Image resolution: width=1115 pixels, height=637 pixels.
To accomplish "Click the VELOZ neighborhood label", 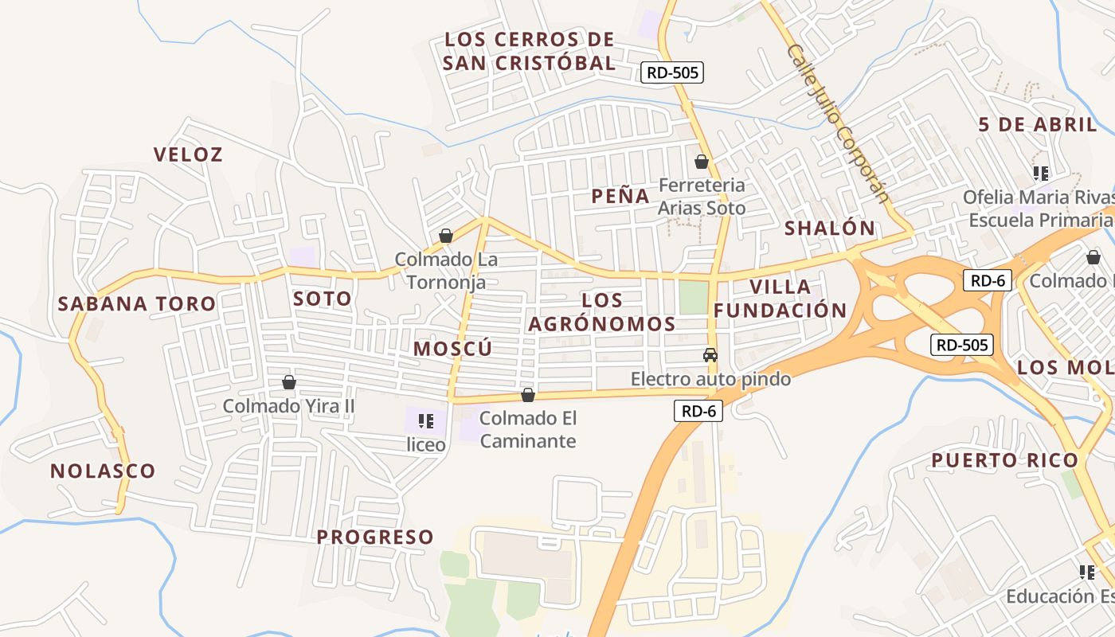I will pos(188,154).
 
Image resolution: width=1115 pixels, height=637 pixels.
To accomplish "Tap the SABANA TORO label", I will pos(137,303).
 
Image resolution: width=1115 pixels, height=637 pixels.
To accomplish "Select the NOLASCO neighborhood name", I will pos(103,471).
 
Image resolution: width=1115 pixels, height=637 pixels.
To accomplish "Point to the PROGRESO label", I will pos(375,537).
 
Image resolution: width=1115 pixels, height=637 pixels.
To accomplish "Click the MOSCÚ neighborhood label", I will pos(452,349).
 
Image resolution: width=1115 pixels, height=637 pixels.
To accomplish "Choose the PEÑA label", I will pos(620,196).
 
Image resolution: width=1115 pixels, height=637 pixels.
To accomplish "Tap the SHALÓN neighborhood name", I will pos(830,228).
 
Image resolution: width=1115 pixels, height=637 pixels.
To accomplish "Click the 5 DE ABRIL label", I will pos(1038,125).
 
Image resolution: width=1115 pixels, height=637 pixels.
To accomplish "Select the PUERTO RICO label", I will pos(1004,460).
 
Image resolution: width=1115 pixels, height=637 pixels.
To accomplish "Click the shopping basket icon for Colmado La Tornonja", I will pos(446,236).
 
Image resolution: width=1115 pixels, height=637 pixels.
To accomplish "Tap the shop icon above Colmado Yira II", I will pos(289,382).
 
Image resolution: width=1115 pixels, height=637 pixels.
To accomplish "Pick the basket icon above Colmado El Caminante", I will pos(527,395).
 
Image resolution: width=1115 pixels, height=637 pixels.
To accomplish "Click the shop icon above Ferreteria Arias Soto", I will pos(702,162).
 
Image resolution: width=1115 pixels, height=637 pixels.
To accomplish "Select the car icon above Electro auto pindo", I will pos(710,355).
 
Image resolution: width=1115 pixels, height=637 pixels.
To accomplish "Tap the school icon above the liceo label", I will pos(426,420).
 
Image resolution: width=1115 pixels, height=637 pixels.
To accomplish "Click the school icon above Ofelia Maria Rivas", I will pos(1040,173).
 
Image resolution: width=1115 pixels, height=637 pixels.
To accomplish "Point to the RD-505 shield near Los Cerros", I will pos(672,72).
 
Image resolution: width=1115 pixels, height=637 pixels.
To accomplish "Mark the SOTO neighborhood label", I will pos(322,299).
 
